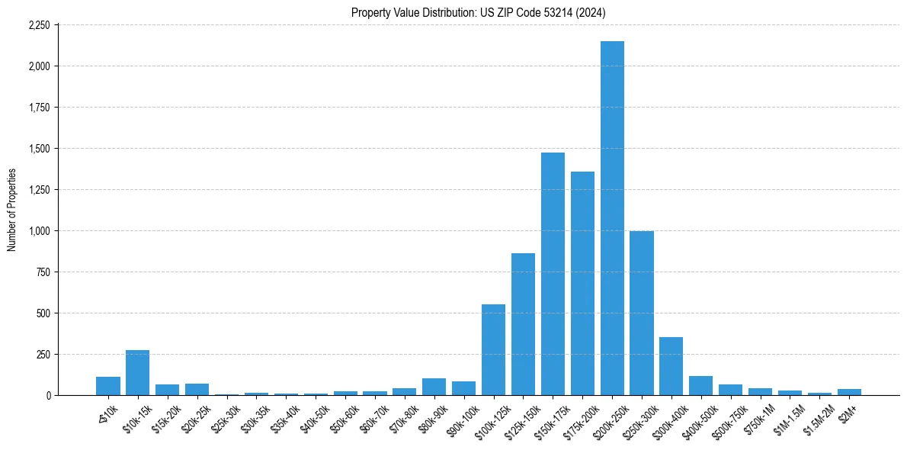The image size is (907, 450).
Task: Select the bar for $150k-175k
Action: tap(553, 274)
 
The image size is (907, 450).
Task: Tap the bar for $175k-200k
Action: tap(582, 283)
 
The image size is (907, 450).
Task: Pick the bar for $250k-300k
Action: tap(642, 313)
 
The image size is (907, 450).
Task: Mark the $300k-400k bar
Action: tap(671, 366)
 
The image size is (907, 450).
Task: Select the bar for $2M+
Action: tap(849, 392)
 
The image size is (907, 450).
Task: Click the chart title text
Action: tap(479, 12)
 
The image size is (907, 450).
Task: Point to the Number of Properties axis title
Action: tap(11, 210)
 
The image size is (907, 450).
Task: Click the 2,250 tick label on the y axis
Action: tap(39, 25)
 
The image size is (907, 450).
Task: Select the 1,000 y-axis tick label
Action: tap(39, 230)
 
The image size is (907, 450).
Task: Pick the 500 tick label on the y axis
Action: tap(43, 313)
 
